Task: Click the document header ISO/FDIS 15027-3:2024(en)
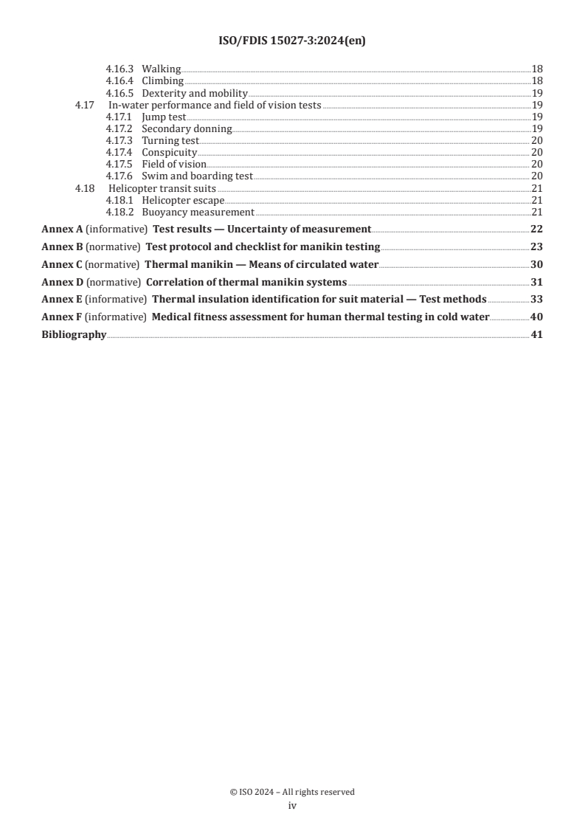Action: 292,41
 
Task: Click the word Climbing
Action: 162,80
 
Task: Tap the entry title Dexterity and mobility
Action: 194,93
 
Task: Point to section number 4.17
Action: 84,105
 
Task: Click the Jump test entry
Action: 159,117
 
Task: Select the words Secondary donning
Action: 187,128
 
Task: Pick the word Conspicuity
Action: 169,152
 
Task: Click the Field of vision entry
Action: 173,164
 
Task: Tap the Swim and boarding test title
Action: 197,176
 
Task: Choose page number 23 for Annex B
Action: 536,246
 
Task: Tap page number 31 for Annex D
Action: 536,282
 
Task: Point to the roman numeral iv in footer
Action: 292,806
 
